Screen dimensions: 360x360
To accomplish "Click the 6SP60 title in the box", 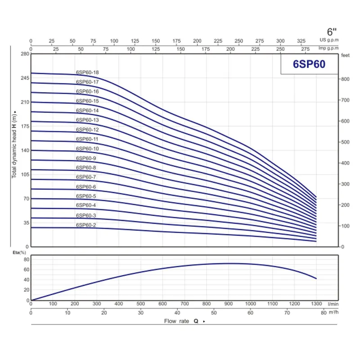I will (309, 64).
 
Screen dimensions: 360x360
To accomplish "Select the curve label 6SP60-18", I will (87, 72).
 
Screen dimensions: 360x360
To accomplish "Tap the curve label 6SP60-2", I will (86, 225).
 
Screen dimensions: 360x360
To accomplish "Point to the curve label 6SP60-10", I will (87, 148).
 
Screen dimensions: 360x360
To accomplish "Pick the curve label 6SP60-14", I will (87, 110).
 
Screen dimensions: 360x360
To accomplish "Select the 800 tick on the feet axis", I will (345, 79).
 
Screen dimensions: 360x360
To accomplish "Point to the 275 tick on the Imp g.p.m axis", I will (306, 49).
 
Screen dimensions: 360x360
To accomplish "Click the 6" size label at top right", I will (332, 32).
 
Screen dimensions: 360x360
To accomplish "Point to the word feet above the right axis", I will (346, 55).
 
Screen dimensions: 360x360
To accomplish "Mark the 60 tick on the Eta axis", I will (26, 270).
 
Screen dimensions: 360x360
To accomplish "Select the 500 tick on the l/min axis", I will (141, 304).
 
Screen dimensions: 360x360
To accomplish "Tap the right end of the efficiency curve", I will (316, 279).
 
